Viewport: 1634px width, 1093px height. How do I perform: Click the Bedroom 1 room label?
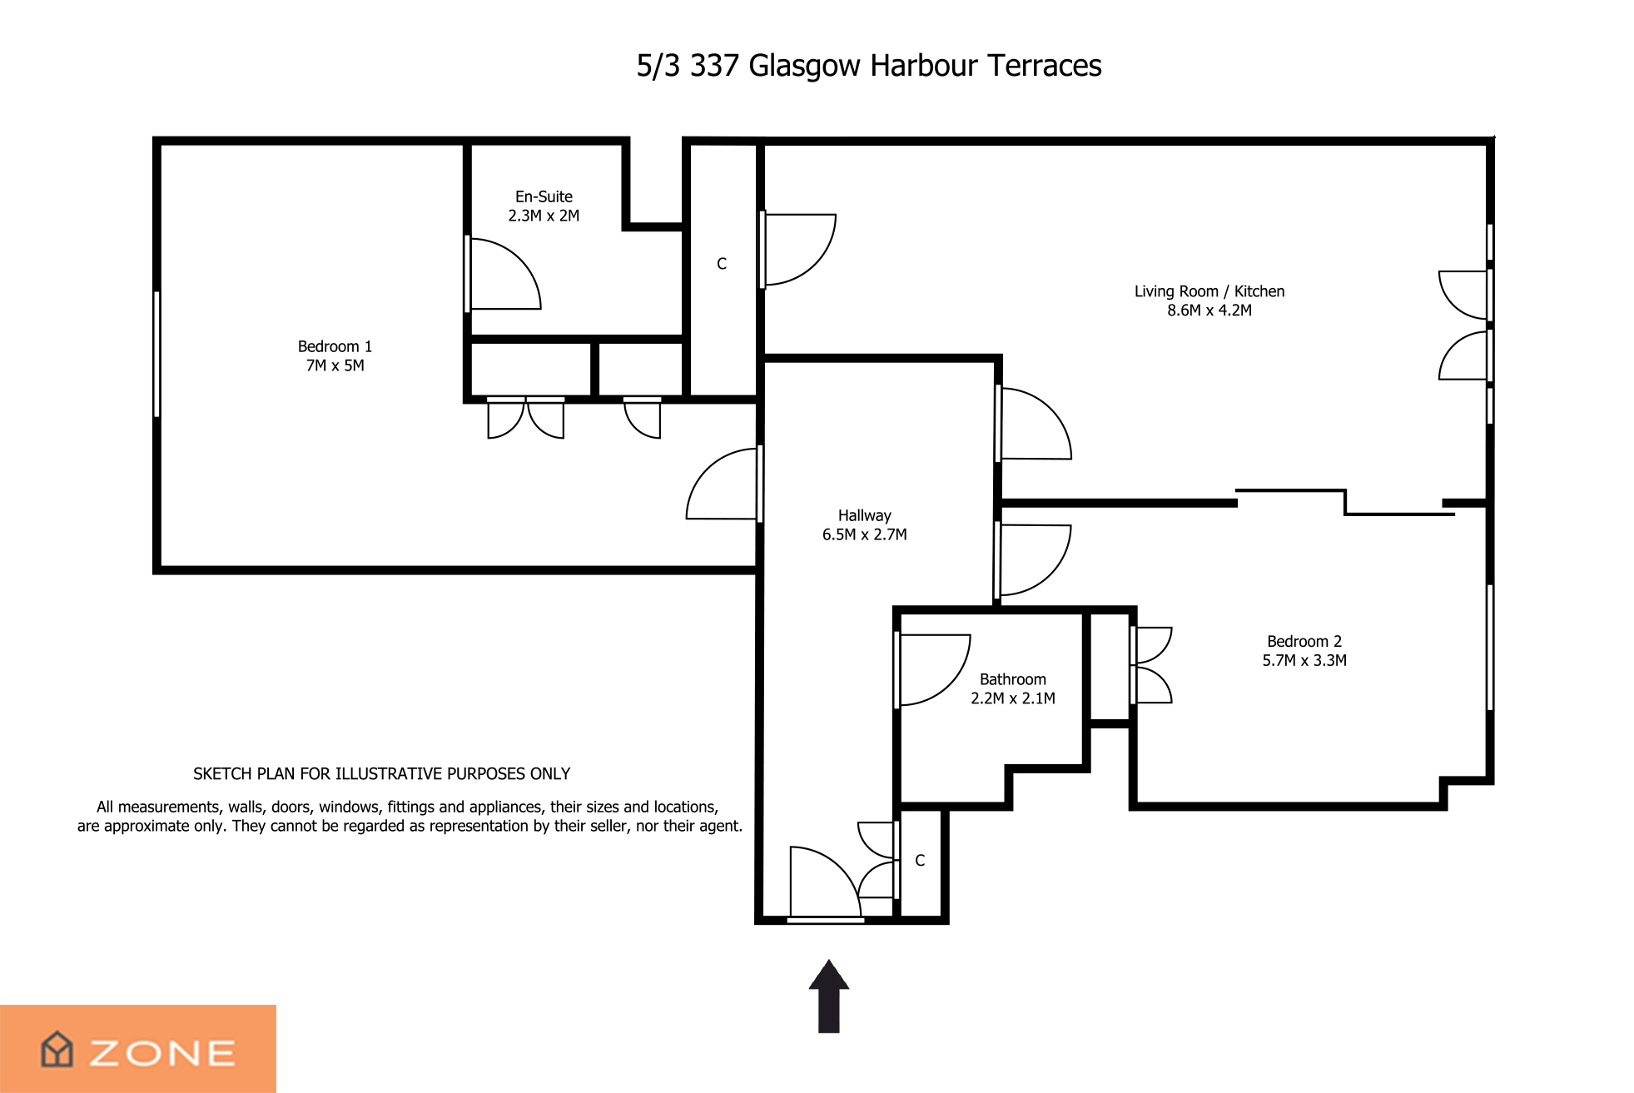[x=335, y=346]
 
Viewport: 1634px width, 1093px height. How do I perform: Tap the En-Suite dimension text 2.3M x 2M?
[x=544, y=216]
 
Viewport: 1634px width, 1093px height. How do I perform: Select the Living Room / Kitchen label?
[x=1209, y=291]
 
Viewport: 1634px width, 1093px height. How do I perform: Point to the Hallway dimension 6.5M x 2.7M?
[x=864, y=534]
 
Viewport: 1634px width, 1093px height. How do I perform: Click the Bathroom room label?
[x=1012, y=679]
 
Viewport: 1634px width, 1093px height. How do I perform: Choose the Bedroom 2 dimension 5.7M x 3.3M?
[x=1304, y=660]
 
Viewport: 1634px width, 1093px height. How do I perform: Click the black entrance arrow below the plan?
[x=828, y=996]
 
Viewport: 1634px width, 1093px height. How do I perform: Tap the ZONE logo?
[x=138, y=1049]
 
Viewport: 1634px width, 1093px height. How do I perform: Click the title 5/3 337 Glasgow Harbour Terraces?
[x=868, y=66]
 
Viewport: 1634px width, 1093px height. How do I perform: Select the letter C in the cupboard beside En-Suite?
[x=722, y=264]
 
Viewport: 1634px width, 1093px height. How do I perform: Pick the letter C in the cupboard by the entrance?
[x=920, y=861]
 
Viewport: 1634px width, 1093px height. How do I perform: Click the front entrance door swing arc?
[x=840, y=867]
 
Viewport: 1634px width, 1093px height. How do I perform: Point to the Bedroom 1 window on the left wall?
[x=156, y=354]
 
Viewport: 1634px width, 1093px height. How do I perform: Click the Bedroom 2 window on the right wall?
[x=1489, y=648]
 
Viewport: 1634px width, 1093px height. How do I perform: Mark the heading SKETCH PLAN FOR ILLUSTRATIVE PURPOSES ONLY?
[x=381, y=774]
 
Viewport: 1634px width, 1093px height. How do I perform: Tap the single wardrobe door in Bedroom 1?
[x=643, y=419]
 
